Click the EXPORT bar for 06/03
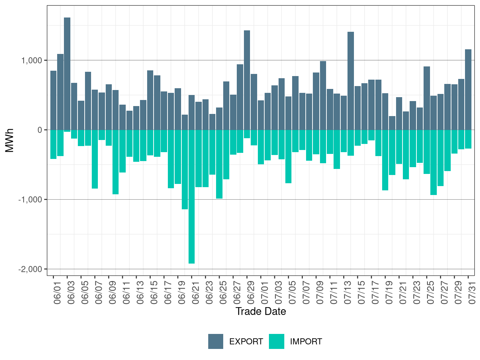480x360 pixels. (x=67, y=73)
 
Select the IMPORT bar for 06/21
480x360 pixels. (x=192, y=196)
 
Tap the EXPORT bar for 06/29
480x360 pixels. (x=247, y=80)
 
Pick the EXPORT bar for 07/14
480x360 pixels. (x=351, y=81)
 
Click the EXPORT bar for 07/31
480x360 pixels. (x=468, y=89)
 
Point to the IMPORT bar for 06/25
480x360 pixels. (x=219, y=164)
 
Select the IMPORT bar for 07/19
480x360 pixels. (x=385, y=160)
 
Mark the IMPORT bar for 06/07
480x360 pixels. (x=95, y=159)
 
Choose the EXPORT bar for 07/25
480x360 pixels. (x=427, y=98)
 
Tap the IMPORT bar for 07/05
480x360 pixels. (x=289, y=156)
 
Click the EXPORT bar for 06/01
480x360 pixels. (x=54, y=100)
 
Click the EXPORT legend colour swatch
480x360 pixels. (x=216, y=341)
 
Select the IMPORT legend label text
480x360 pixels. (x=306, y=342)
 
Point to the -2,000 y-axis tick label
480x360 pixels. (x=30, y=269)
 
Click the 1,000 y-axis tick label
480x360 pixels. (x=32, y=60)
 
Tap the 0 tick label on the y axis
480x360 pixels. (x=40, y=130)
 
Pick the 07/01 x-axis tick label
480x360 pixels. (x=265, y=294)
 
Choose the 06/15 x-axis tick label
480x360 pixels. (x=154, y=294)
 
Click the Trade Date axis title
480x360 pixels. (x=261, y=311)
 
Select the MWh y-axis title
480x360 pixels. (x=10, y=140)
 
